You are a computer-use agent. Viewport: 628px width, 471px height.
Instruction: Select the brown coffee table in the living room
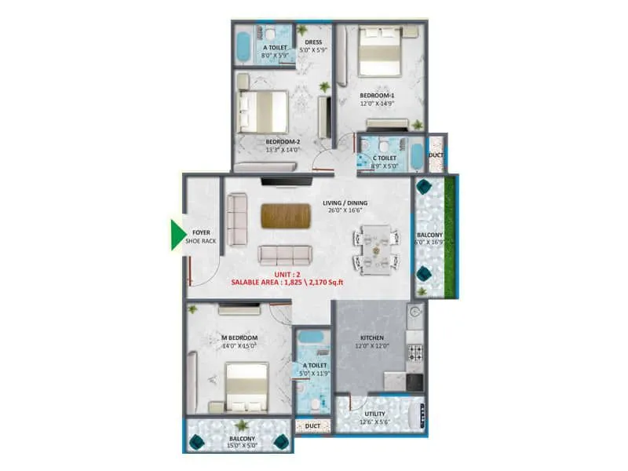click(x=286, y=215)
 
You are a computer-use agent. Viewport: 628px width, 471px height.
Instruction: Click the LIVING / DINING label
click(x=346, y=203)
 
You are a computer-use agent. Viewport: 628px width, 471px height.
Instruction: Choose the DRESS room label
click(x=314, y=42)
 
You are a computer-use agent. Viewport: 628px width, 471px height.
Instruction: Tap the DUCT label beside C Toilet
click(x=436, y=156)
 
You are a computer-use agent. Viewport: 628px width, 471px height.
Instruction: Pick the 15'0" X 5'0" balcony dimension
click(x=241, y=446)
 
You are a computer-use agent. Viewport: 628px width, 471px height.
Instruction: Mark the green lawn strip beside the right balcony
click(x=449, y=235)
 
